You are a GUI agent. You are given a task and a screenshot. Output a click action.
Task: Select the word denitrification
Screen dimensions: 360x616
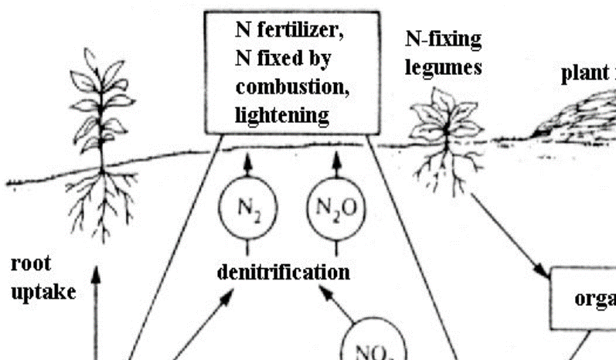click(284, 272)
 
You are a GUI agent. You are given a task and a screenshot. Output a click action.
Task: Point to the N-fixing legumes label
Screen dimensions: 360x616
click(443, 53)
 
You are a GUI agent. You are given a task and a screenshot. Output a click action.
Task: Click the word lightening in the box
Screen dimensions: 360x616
click(283, 115)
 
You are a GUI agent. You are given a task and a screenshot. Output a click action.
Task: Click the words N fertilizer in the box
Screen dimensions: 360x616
click(290, 32)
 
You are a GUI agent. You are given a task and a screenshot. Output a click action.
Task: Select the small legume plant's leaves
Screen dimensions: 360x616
click(441, 116)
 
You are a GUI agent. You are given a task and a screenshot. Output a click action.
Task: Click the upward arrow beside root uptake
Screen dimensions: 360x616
click(97, 309)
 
